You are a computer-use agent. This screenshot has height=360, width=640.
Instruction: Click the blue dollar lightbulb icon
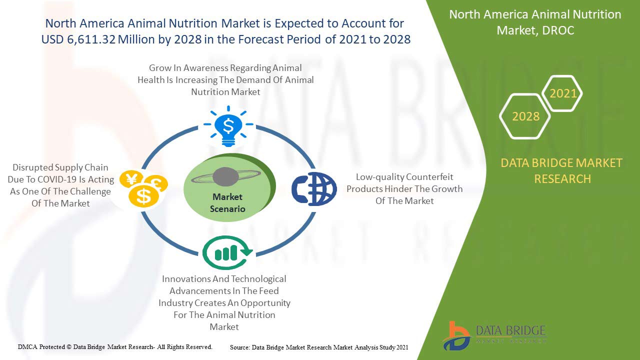(228, 126)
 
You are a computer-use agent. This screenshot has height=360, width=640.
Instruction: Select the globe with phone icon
(314, 188)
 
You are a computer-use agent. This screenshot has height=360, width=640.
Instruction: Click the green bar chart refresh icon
(227, 252)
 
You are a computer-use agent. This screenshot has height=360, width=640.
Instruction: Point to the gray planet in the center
(225, 177)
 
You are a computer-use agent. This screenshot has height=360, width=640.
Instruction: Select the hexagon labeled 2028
(525, 116)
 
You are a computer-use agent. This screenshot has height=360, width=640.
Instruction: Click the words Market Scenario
(227, 203)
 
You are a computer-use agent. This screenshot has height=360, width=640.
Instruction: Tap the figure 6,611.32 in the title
(91, 39)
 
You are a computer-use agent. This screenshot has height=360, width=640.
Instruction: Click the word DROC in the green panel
(558, 30)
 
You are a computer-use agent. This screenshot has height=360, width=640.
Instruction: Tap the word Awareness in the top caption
(206, 68)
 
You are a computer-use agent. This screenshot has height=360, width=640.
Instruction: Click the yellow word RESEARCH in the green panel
(562, 179)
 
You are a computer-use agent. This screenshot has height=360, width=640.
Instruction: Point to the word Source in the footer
(239, 347)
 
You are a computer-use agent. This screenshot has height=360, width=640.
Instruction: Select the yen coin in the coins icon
(131, 179)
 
